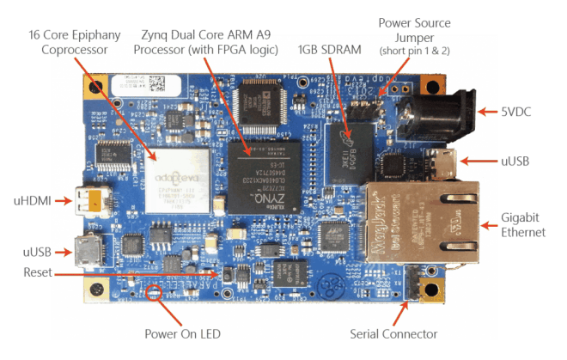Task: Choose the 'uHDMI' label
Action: tap(34, 200)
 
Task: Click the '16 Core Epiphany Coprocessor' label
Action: tap(75, 42)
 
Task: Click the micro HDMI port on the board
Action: tap(89, 202)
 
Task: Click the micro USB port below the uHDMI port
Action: tap(88, 250)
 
